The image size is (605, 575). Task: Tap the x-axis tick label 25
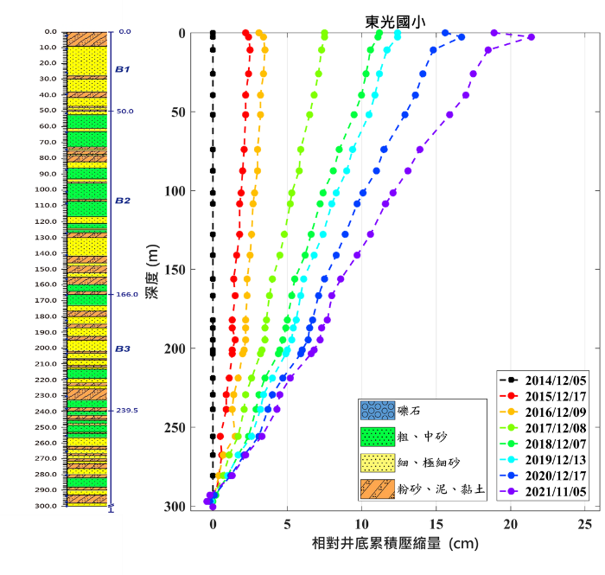click(x=585, y=524)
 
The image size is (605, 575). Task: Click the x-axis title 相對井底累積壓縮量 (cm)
click(x=395, y=546)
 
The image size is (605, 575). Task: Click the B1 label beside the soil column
click(x=122, y=69)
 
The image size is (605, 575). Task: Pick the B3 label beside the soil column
click(x=122, y=348)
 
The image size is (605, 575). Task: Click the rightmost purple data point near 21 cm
click(x=531, y=37)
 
